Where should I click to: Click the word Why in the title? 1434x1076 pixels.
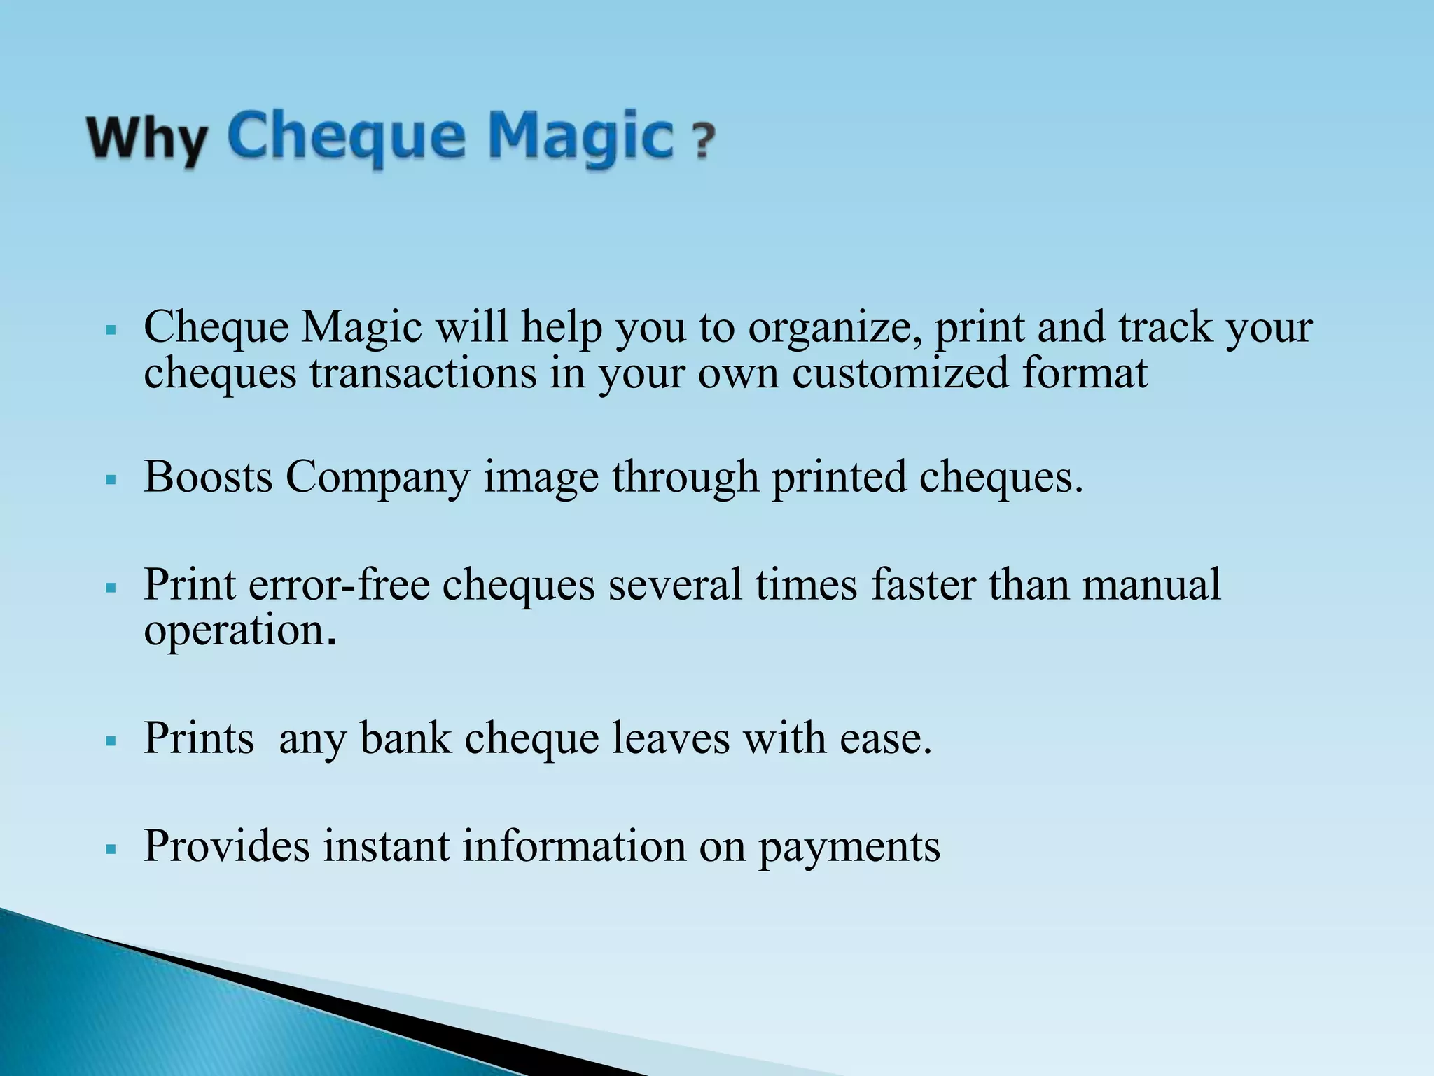pyautogui.click(x=147, y=140)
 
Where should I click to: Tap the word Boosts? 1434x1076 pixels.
pyautogui.click(x=208, y=477)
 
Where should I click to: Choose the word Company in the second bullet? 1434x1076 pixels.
pyautogui.click(x=377, y=478)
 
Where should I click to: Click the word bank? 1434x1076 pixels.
pyautogui.click(x=405, y=738)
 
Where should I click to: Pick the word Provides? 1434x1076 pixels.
pyautogui.click(x=226, y=846)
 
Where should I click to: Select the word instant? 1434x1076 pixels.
pyautogui.click(x=386, y=846)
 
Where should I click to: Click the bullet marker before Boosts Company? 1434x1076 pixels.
pyautogui.click(x=110, y=481)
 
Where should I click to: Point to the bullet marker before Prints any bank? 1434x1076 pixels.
pyautogui.click(x=110, y=742)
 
